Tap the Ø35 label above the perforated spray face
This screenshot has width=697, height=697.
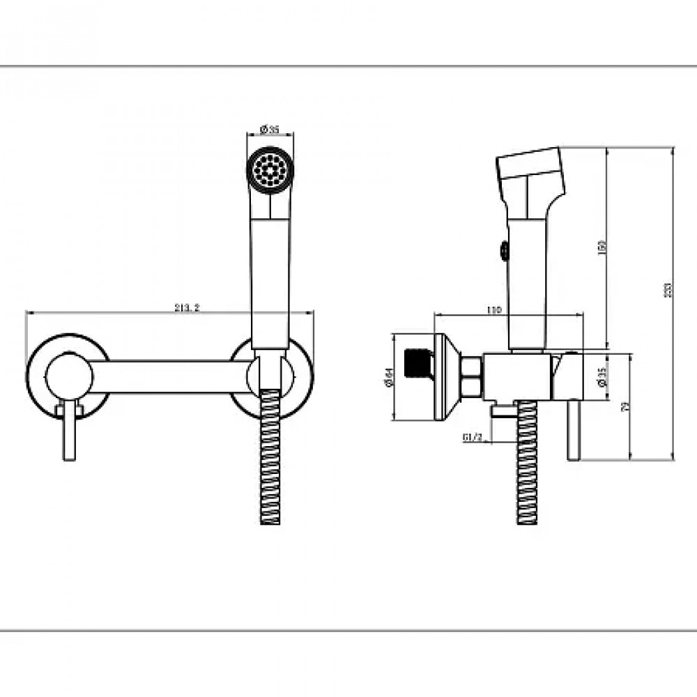[270, 129]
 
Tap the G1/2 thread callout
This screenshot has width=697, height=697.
[473, 437]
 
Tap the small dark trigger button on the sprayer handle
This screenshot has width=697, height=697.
[502, 249]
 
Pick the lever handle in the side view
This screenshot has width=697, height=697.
[573, 432]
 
